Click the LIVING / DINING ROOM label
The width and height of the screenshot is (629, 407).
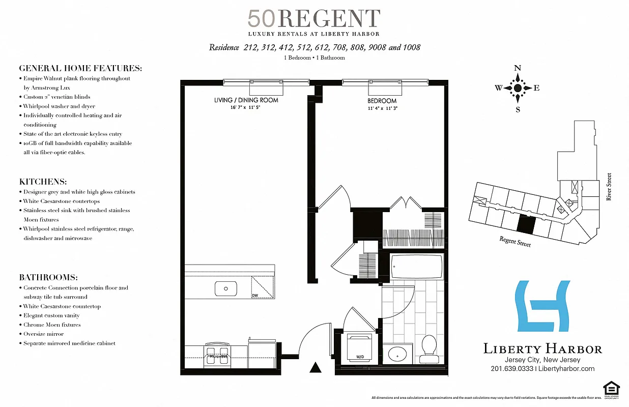[x=246, y=100]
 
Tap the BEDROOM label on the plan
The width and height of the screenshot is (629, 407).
[x=382, y=101]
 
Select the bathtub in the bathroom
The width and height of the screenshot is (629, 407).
[x=416, y=266]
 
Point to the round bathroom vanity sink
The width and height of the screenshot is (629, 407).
[x=397, y=353]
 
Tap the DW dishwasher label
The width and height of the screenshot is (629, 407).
[x=255, y=296]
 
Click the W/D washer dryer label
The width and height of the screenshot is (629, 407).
[x=360, y=356]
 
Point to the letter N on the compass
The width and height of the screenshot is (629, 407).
[x=518, y=68]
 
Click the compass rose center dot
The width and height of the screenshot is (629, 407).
[x=518, y=88]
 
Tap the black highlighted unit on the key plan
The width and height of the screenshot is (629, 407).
[x=526, y=222]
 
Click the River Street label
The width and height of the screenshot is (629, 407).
[x=609, y=187]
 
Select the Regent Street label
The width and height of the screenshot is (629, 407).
[x=515, y=242]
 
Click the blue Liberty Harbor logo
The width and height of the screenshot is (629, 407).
[x=542, y=306]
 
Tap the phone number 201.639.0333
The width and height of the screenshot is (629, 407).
[x=512, y=369]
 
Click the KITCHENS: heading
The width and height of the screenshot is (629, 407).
[x=43, y=182]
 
